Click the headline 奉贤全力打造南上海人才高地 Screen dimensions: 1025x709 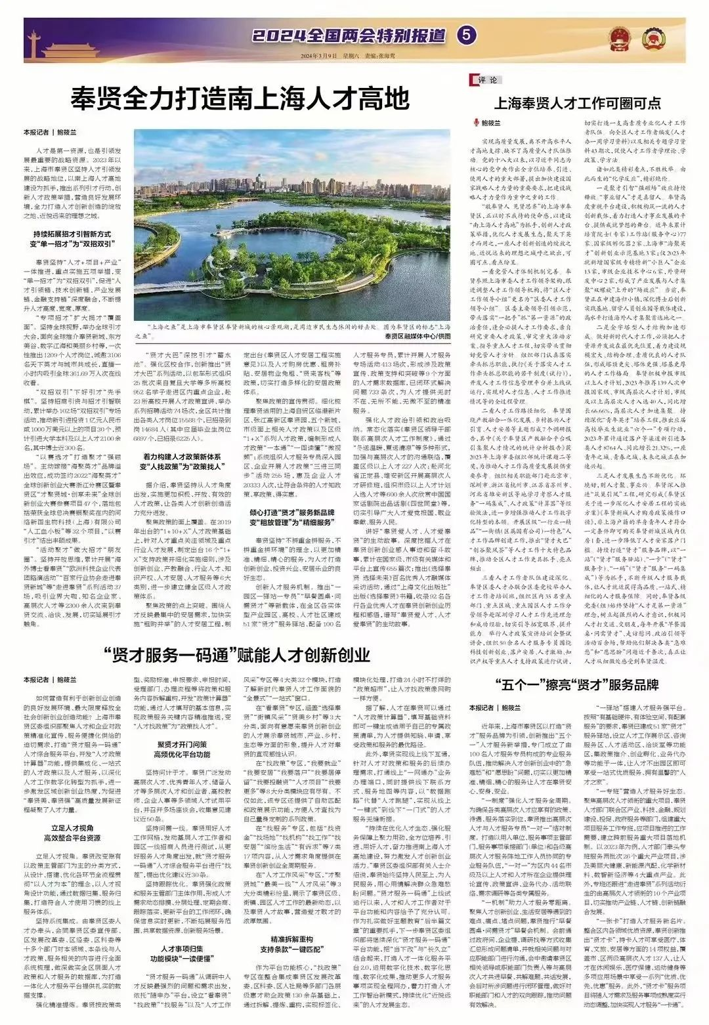point(241,101)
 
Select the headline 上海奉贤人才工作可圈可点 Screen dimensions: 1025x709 point(577,104)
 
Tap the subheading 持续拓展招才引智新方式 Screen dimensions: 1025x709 point(73,234)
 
